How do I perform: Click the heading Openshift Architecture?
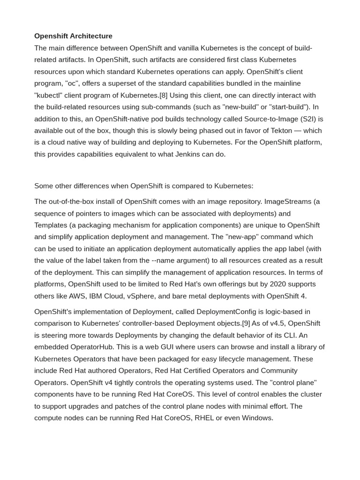pos(73,36)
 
